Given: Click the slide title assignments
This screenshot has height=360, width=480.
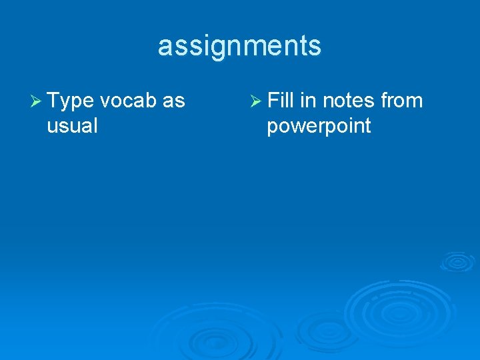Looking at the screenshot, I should pyautogui.click(x=239, y=47).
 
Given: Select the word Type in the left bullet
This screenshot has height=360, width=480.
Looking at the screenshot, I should pyautogui.click(x=71, y=101).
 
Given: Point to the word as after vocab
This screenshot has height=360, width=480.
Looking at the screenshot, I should pyautogui.click(x=174, y=101).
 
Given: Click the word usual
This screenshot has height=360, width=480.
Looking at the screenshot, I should pyautogui.click(x=72, y=125).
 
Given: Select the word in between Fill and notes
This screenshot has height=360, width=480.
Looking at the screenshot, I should pyautogui.click(x=308, y=101).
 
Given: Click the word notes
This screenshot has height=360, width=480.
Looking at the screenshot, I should pyautogui.click(x=349, y=101).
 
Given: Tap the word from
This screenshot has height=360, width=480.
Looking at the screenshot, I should pyautogui.click(x=402, y=101).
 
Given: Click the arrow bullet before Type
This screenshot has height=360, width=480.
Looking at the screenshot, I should pyautogui.click(x=37, y=102).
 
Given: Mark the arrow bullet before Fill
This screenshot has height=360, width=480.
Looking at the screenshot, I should pyautogui.click(x=256, y=102).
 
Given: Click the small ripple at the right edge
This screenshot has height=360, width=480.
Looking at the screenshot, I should pyautogui.click(x=457, y=261).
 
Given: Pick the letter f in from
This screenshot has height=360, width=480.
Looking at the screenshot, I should pyautogui.click(x=385, y=101).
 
